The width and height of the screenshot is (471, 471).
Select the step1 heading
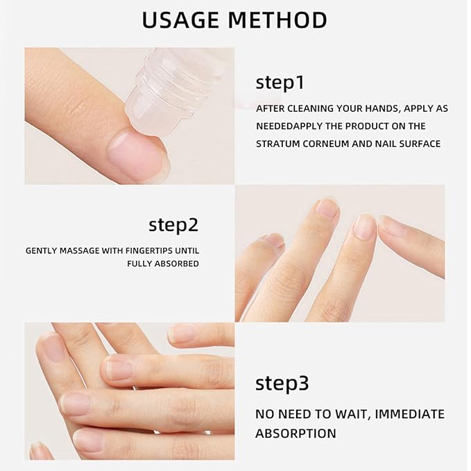click(x=280, y=83)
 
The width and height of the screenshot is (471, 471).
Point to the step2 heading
click(x=173, y=225)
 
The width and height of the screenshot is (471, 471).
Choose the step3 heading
click(x=282, y=383)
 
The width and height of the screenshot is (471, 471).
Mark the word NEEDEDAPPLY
click(x=290, y=126)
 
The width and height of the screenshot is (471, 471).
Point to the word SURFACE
click(x=416, y=144)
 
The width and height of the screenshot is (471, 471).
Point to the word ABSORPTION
click(x=296, y=434)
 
